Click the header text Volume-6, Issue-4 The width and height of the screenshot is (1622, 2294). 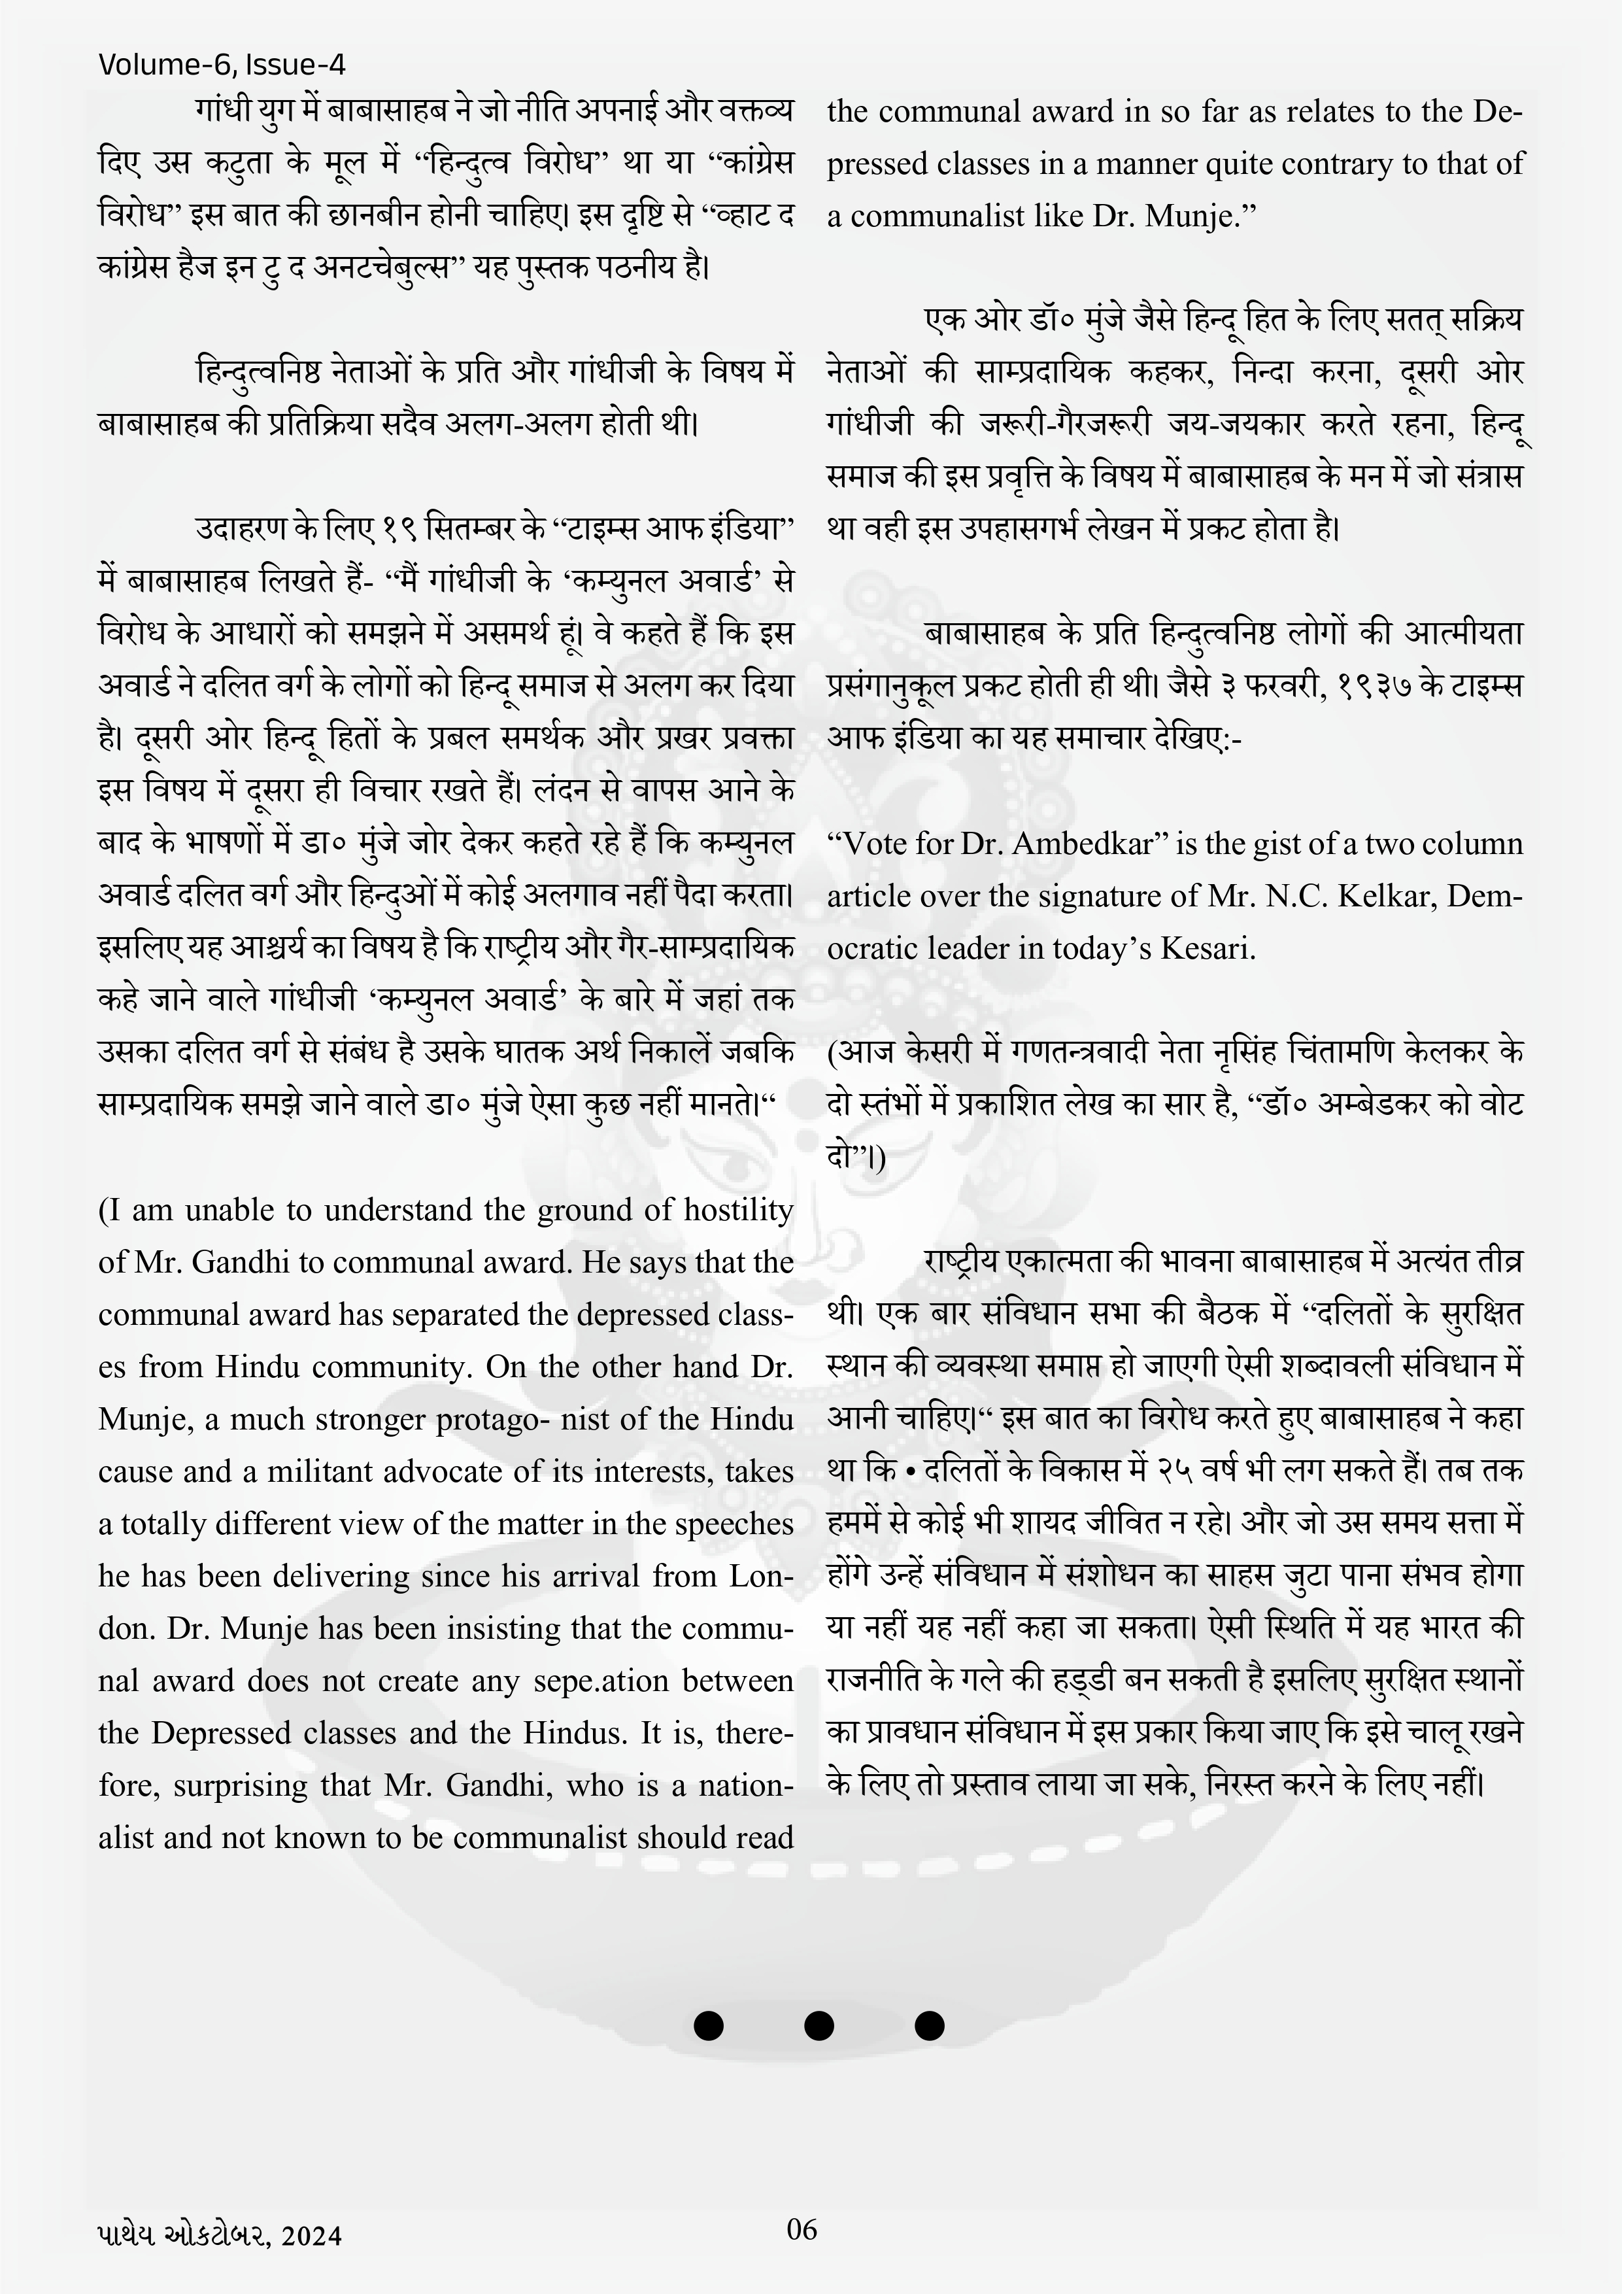click(x=222, y=66)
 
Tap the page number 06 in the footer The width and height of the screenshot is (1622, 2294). click(x=802, y=2229)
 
